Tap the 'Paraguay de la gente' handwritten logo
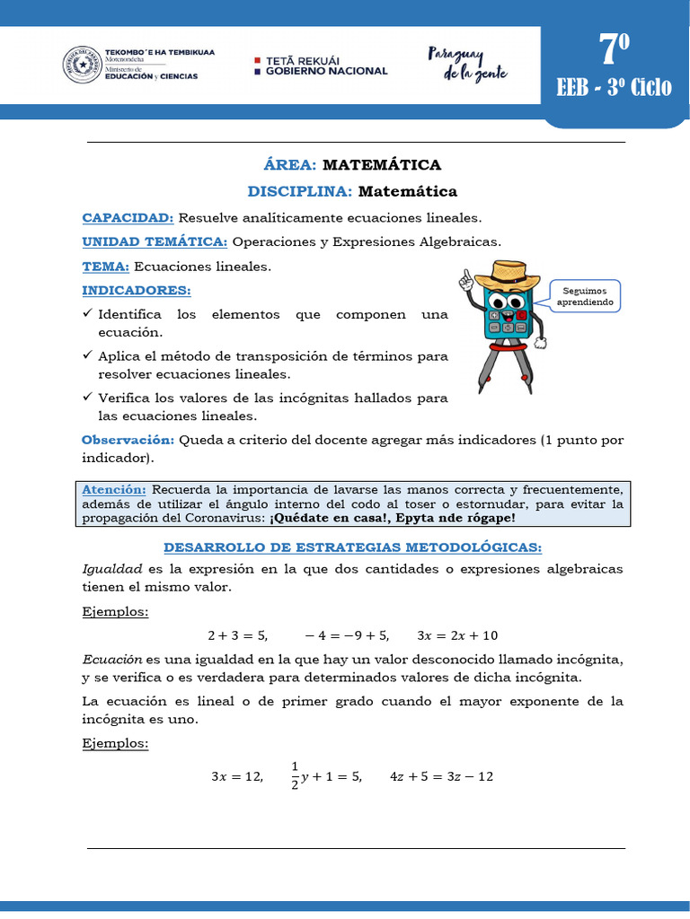(x=460, y=64)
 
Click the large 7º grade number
(x=614, y=51)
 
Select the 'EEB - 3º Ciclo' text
(x=614, y=87)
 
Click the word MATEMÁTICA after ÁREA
(x=381, y=165)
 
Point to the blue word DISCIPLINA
(x=300, y=191)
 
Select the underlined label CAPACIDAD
(x=128, y=218)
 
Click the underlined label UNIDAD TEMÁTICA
(x=155, y=242)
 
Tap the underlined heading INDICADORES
(x=137, y=291)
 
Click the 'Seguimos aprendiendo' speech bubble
(x=585, y=296)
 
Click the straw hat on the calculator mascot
(x=498, y=271)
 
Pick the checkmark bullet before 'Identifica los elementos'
(x=87, y=314)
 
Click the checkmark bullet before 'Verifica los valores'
(x=87, y=398)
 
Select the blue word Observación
(x=128, y=440)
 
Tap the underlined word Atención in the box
(x=113, y=490)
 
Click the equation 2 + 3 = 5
(x=237, y=635)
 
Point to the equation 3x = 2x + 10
(x=457, y=635)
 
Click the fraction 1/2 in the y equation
(x=295, y=776)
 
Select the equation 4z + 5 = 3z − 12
(x=442, y=776)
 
